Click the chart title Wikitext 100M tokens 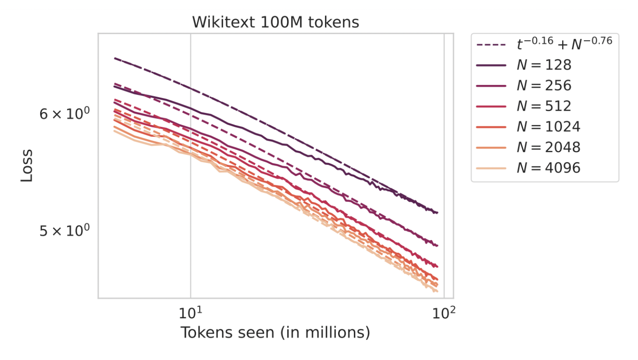click(275, 22)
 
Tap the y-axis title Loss click(27, 166)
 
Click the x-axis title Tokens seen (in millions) click(275, 333)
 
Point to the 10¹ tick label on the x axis click(190, 312)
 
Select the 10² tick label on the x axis click(444, 312)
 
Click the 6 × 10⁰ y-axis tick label click(64, 114)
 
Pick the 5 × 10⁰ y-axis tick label click(64, 231)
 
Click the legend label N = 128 click(544, 65)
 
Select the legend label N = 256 click(544, 85)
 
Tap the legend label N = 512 click(544, 106)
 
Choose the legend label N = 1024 click(548, 127)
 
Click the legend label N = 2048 click(548, 147)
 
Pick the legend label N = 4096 click(548, 168)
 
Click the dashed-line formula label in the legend click(564, 44)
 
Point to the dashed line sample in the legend click(491, 45)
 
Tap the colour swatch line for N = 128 click(491, 65)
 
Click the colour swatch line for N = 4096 click(491, 168)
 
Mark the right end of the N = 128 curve click(437, 213)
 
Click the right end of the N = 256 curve click(437, 245)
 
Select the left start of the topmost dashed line click(115, 58)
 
